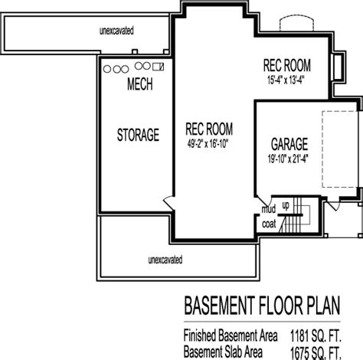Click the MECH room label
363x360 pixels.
pos(140,84)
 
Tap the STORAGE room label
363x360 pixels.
pos(138,135)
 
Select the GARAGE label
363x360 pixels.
pos(289,144)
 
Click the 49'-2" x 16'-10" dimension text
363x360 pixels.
pos(208,144)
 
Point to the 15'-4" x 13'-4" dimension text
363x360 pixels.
pos(286,80)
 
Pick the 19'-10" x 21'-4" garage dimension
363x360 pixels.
pos(288,159)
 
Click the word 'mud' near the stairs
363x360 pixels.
pos(269,209)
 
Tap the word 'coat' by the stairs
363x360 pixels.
pos(269,224)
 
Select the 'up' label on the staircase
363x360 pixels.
pos(286,205)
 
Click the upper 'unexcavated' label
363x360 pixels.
pos(116,31)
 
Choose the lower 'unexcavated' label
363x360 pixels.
pos(165,260)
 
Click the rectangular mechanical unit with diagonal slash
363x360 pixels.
pos(158,67)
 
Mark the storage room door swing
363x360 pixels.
pos(168,203)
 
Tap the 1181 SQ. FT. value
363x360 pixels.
pos(316,335)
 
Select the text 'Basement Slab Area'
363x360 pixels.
pos(223,352)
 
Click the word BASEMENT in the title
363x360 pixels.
pos(220,306)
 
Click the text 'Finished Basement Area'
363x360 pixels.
pos(231,335)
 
